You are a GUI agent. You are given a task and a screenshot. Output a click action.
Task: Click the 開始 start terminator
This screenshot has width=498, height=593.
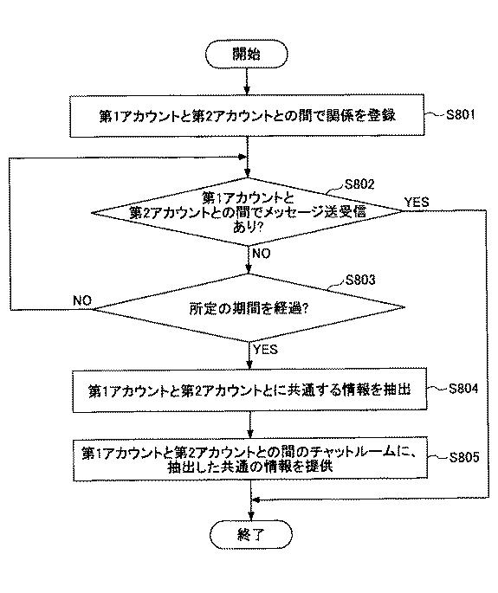pyautogui.click(x=246, y=54)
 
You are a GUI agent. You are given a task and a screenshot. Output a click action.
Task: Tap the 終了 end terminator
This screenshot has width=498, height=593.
pyautogui.click(x=251, y=534)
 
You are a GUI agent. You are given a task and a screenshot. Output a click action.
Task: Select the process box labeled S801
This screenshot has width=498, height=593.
pyautogui.click(x=247, y=116)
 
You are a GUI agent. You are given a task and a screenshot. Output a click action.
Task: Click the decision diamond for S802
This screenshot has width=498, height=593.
pyautogui.click(x=247, y=212)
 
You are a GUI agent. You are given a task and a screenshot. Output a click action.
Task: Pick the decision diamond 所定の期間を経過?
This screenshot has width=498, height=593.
pyautogui.click(x=249, y=308)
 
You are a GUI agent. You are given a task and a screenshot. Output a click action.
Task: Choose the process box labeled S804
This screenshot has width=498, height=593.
pyautogui.click(x=249, y=390)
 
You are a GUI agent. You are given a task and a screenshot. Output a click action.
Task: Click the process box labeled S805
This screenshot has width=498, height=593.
pyautogui.click(x=250, y=459)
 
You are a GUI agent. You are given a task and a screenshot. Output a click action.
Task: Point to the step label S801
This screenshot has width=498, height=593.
pyautogui.click(x=460, y=114)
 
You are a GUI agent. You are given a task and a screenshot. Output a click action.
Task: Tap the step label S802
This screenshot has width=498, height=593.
pyautogui.click(x=359, y=184)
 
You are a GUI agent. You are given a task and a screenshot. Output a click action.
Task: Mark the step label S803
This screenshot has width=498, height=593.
pyautogui.click(x=360, y=280)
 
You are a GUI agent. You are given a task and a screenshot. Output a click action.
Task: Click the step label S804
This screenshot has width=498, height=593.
pyautogui.click(x=463, y=389)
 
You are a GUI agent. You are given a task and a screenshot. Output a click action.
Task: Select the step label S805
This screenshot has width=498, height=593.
pyautogui.click(x=464, y=457)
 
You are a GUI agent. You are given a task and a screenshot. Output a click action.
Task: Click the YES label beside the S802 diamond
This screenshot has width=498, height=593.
pyautogui.click(x=417, y=202)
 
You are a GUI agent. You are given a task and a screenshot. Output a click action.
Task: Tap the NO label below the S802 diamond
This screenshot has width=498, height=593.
pyautogui.click(x=261, y=254)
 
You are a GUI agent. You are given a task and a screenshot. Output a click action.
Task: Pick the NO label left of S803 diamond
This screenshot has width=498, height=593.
pyautogui.click(x=82, y=300)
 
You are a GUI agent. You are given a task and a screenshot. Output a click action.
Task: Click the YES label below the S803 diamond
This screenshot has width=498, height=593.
pyautogui.click(x=265, y=349)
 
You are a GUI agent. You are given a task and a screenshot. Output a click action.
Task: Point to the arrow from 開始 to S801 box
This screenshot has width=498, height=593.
pyautogui.click(x=247, y=81)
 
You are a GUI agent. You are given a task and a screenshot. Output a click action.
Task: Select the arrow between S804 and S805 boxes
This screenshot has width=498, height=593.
pyautogui.click(x=250, y=424)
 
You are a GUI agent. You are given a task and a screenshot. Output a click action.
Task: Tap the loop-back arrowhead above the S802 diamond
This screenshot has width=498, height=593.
pyautogui.click(x=243, y=157)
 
